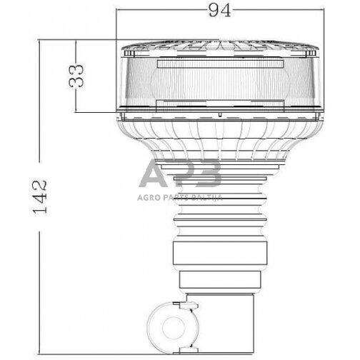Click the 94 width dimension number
[x=219, y=11]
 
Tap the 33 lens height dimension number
[x=76, y=76]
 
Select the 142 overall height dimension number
[x=40, y=197]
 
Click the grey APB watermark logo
[x=180, y=173]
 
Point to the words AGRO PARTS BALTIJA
[x=180, y=198]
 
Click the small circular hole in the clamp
[x=174, y=328]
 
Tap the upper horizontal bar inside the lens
[x=220, y=64]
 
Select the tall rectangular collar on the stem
[x=220, y=253]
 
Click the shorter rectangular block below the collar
[x=220, y=279]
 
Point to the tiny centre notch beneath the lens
[x=220, y=115]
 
